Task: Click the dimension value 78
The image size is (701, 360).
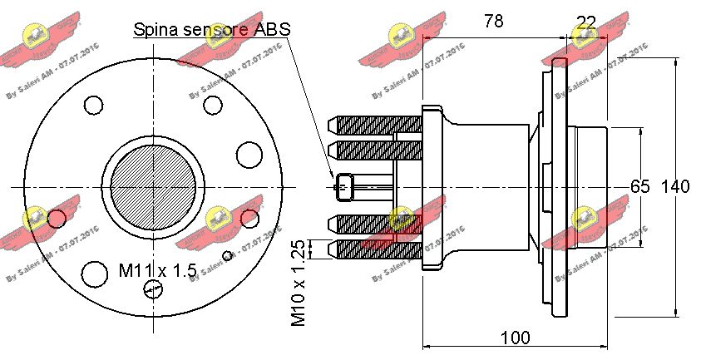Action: (x=493, y=22)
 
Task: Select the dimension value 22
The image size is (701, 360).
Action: (x=586, y=22)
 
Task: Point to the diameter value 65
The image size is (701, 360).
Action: (x=639, y=186)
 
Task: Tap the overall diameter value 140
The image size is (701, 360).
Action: (x=674, y=186)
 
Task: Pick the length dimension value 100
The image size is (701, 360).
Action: (x=516, y=338)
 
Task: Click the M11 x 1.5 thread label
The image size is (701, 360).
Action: (x=157, y=270)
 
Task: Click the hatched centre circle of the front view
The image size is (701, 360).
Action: (x=153, y=188)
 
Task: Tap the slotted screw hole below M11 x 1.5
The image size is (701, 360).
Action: (x=153, y=288)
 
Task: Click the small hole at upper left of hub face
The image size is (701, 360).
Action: (x=93, y=106)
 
